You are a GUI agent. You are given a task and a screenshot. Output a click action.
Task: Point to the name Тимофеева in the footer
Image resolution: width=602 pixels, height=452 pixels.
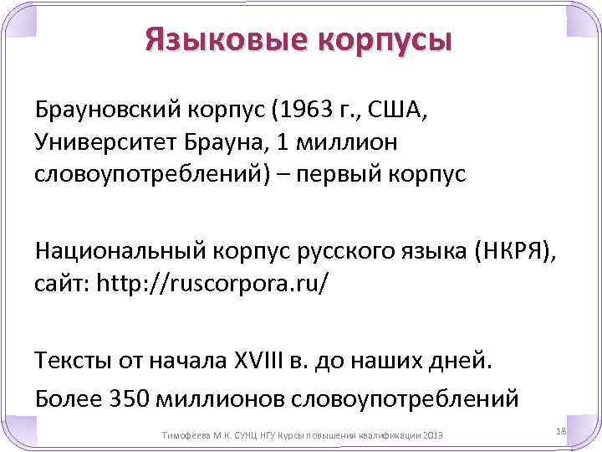coord(183,437)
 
